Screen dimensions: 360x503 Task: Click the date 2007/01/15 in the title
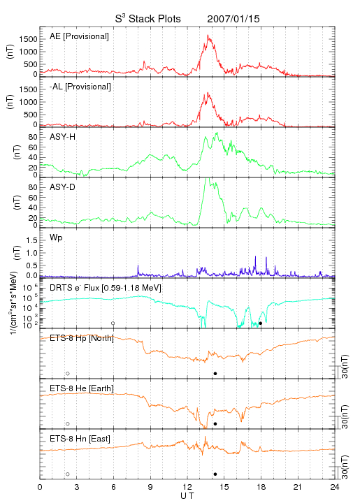[233, 19]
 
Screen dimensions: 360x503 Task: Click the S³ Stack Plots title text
[148, 19]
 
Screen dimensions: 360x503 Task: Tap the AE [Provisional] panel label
[79, 36]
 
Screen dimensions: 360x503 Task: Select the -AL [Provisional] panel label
[80, 87]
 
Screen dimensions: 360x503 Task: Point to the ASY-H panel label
[63, 137]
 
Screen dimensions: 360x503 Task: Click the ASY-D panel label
[63, 187]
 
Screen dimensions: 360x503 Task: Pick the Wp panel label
[56, 238]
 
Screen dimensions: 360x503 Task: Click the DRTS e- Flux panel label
[106, 288]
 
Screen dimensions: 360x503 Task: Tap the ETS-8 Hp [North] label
[82, 338]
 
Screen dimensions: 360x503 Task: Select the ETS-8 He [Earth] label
[82, 388]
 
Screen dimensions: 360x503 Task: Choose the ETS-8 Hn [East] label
[80, 439]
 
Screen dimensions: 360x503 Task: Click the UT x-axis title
[187, 496]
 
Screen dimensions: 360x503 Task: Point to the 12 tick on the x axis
[187, 487]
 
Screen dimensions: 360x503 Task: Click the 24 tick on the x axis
[335, 487]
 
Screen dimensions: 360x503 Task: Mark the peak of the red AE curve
[208, 35]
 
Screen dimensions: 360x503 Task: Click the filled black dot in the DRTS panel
[261, 323]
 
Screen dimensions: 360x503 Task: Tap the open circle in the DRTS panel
[113, 323]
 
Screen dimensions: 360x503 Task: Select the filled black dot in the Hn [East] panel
[215, 474]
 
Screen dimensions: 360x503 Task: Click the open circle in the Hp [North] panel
[68, 373]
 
